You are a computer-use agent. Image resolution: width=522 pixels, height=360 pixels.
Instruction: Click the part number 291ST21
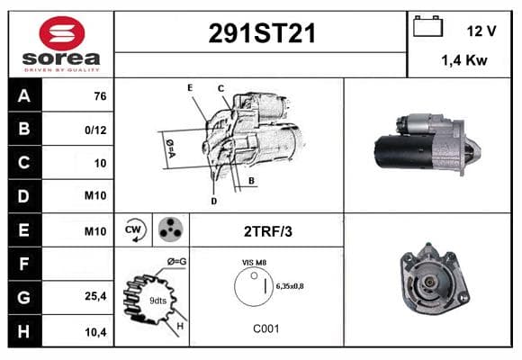click(262, 33)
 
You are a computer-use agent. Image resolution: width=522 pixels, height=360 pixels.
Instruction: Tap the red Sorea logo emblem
click(62, 33)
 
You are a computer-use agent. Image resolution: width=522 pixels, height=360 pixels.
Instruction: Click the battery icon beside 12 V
click(427, 26)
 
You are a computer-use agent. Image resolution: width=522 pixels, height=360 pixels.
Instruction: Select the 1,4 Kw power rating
click(464, 60)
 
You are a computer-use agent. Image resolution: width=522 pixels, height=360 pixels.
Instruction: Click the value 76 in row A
click(100, 96)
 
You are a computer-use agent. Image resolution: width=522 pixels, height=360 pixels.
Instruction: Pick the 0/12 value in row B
click(95, 130)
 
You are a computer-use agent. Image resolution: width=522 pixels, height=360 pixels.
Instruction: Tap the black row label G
click(24, 297)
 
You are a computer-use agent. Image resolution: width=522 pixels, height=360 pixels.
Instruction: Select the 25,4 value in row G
click(95, 296)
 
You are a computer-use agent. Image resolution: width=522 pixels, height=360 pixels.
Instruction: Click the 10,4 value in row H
click(95, 332)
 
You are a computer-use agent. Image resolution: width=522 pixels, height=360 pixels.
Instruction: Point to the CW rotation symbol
click(133, 229)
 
